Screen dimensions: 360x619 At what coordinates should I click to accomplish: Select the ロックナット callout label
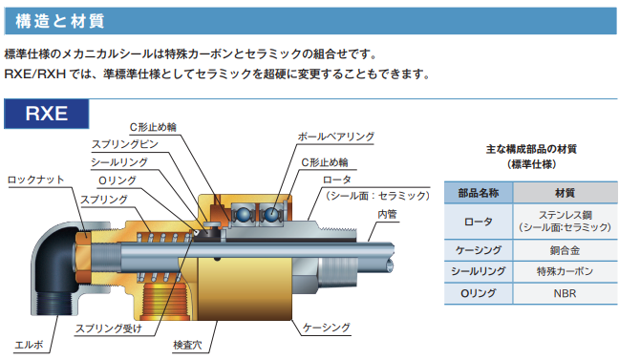coord(35,179)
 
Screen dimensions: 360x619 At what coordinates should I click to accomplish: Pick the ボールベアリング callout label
coord(336,138)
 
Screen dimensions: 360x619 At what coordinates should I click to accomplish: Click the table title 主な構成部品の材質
coord(532,150)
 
